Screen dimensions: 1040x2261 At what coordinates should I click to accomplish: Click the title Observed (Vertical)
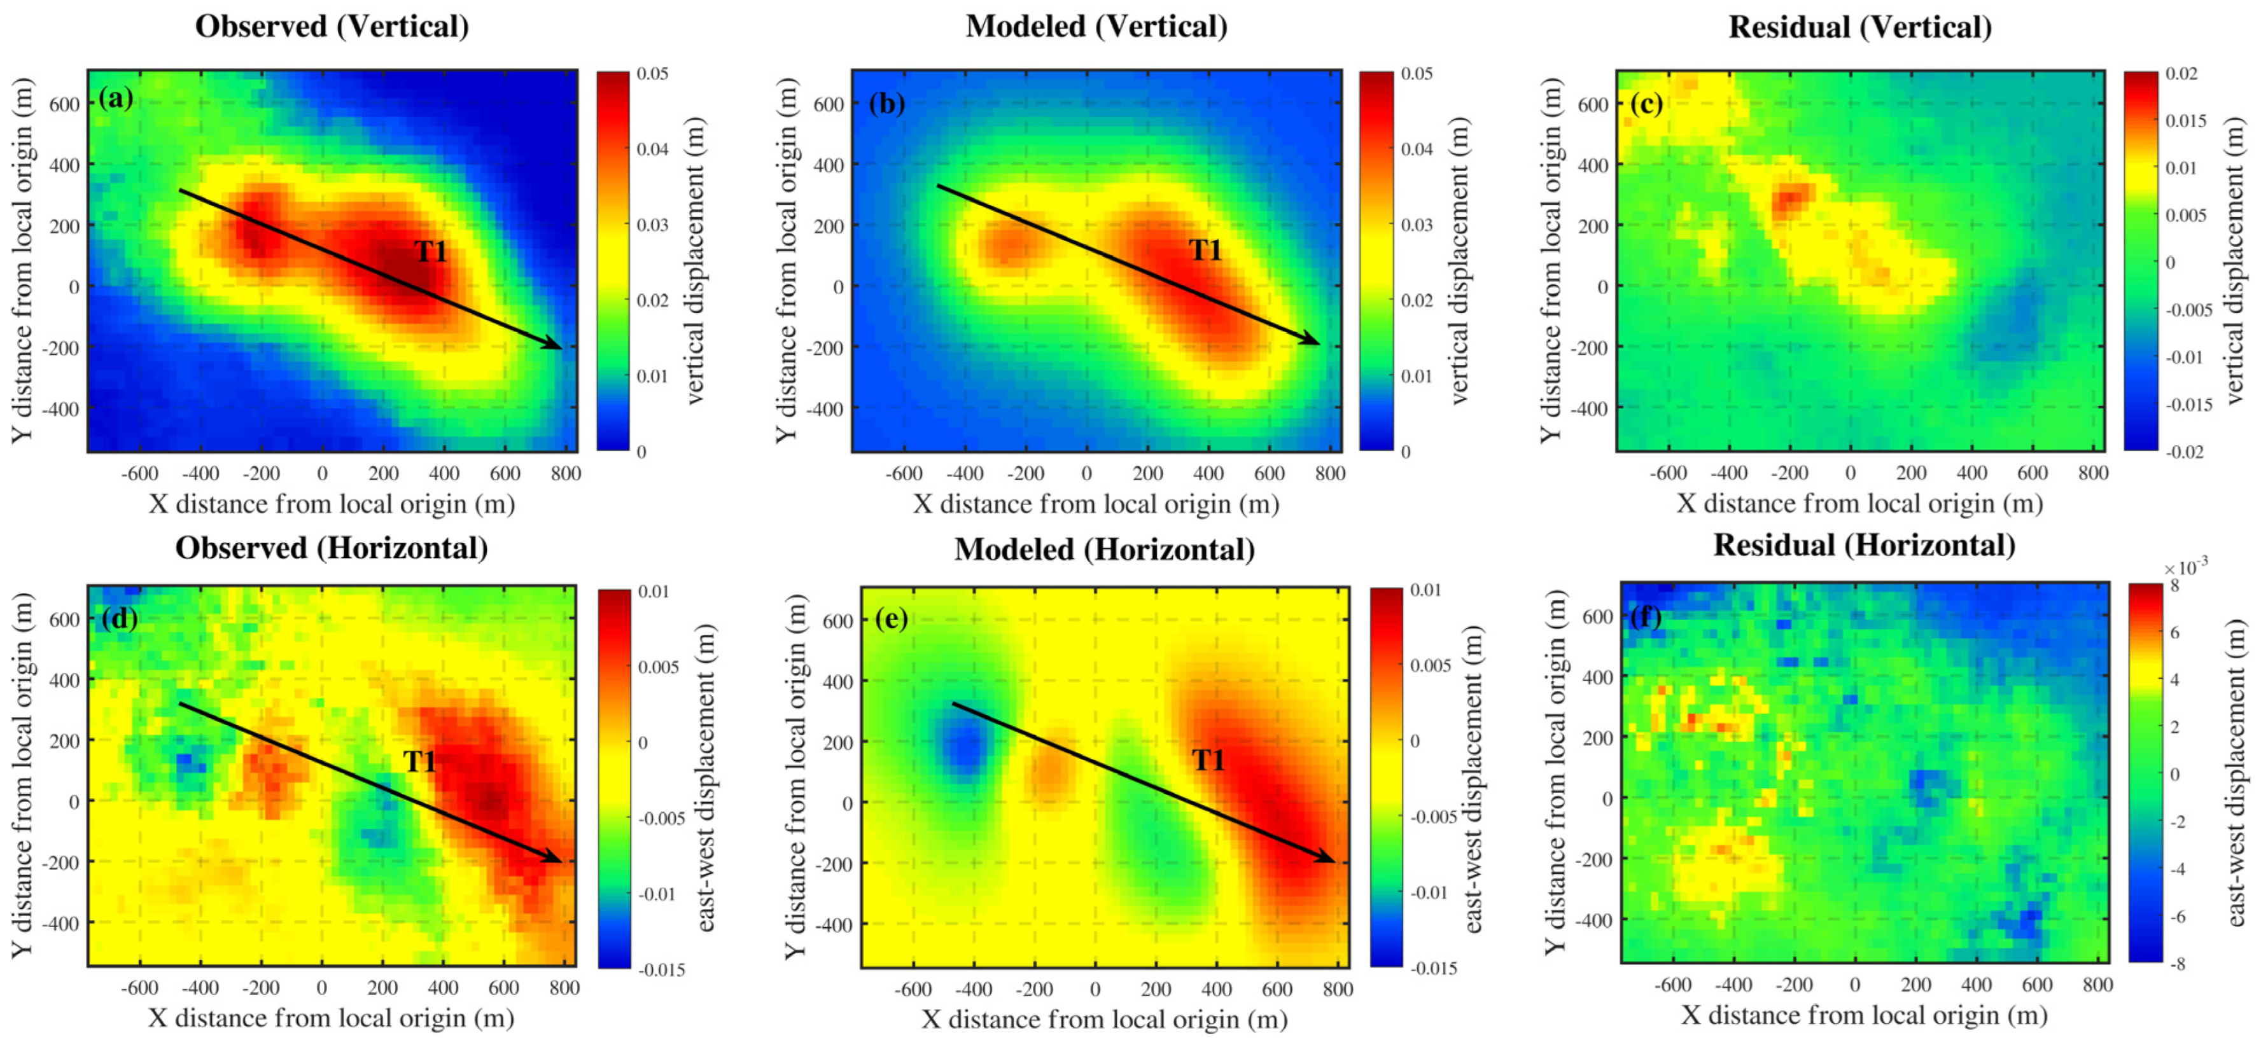pyautogui.click(x=331, y=26)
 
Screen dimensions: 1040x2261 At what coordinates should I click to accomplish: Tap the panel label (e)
pyautogui.click(x=891, y=619)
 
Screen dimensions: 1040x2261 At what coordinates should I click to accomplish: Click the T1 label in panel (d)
pyautogui.click(x=419, y=761)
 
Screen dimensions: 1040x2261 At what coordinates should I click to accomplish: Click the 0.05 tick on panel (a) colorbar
pyautogui.click(x=652, y=74)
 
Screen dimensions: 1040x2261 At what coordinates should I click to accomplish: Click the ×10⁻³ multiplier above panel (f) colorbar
pyautogui.click(x=2185, y=567)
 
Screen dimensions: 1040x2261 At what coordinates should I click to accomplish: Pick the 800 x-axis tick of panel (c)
pyautogui.click(x=2092, y=473)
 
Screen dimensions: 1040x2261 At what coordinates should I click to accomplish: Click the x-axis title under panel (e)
pyautogui.click(x=1104, y=1019)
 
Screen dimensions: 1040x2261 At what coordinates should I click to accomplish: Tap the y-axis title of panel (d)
pyautogui.click(x=21, y=774)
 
